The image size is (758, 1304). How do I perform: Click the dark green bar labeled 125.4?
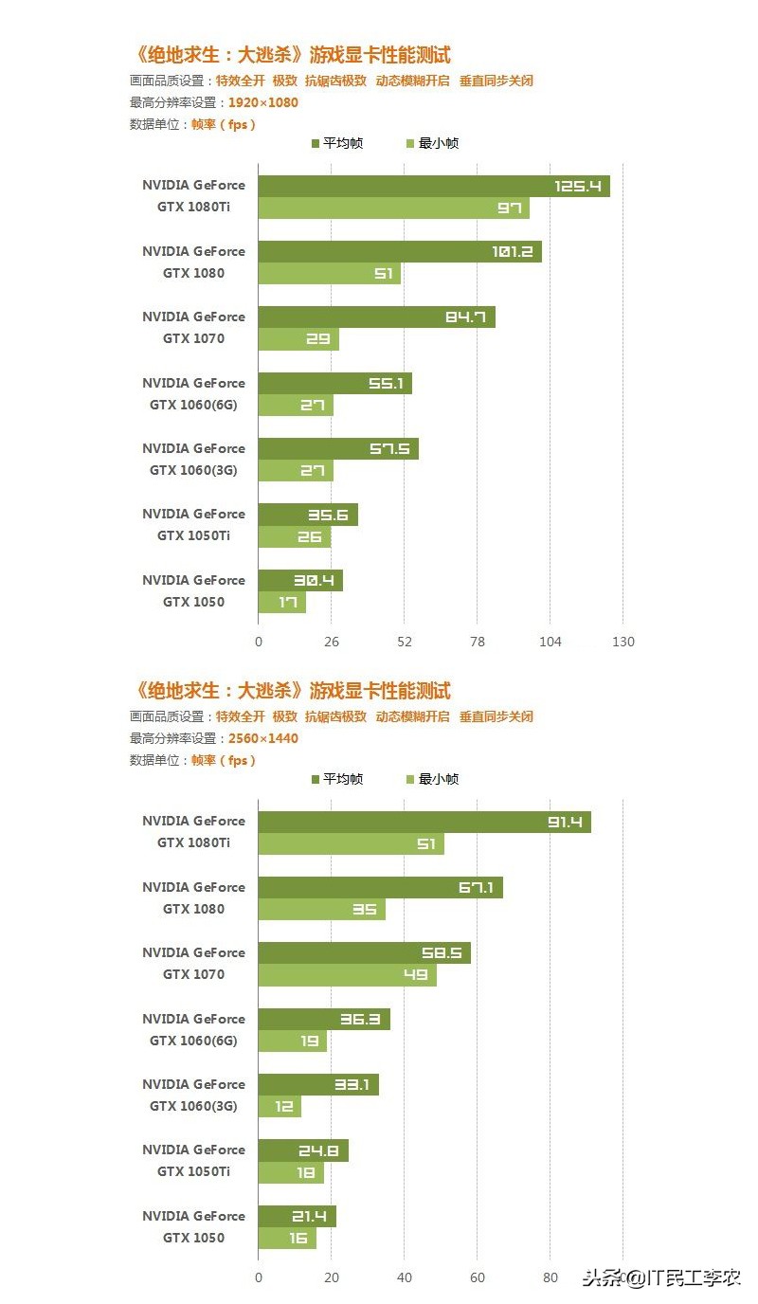pyautogui.click(x=434, y=186)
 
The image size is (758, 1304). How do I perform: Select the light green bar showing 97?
pyautogui.click(x=393, y=208)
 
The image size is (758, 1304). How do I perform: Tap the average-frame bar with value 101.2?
pyautogui.click(x=399, y=252)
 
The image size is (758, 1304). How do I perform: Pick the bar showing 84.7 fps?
pyautogui.click(x=376, y=317)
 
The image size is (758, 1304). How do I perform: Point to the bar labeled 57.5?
pyautogui.click(x=338, y=448)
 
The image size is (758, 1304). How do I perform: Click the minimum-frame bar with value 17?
pyautogui.click(x=282, y=602)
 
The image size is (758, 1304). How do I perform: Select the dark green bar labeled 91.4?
pyautogui.click(x=424, y=822)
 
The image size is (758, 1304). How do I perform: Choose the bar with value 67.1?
pyautogui.click(x=380, y=888)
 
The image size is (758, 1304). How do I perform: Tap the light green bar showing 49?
pyautogui.click(x=347, y=975)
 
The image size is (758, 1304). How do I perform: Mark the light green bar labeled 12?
pyautogui.click(x=280, y=1106)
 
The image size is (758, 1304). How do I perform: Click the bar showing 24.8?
pyautogui.click(x=303, y=1150)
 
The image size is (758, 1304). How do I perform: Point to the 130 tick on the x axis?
pyautogui.click(x=623, y=642)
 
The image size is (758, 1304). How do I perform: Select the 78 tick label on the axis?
pyautogui.click(x=477, y=642)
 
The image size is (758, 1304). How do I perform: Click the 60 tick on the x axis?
pyautogui.click(x=477, y=1277)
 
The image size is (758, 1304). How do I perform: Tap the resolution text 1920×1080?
pyautogui.click(x=262, y=102)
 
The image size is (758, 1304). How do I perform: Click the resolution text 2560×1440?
pyautogui.click(x=262, y=738)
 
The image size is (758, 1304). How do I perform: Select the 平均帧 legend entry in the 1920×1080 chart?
pyautogui.click(x=336, y=144)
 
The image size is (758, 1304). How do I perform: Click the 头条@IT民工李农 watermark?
pyautogui.click(x=660, y=1277)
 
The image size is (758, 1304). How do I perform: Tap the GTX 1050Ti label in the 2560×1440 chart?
pyautogui.click(x=193, y=1171)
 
